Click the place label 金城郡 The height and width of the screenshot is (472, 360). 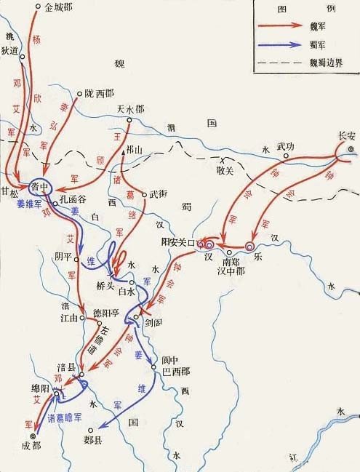59,8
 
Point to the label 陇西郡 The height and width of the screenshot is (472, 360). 100,93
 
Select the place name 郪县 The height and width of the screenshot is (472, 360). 94,440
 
